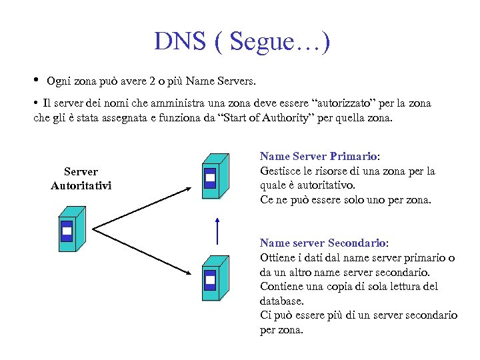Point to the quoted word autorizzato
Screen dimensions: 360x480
click(339, 103)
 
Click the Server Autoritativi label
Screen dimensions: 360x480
click(81, 178)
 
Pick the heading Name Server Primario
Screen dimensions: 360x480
click(319, 156)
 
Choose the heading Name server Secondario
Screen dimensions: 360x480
click(323, 243)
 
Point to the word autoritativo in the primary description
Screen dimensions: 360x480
click(326, 185)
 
